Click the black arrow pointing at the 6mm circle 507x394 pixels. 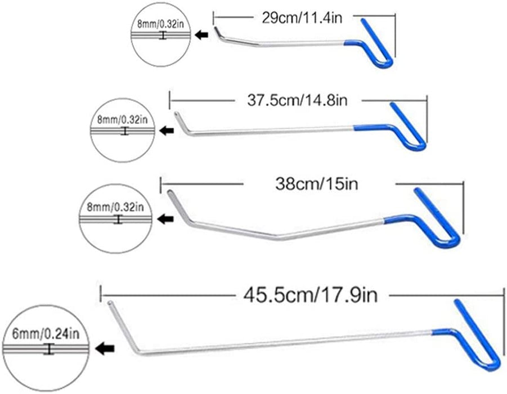(104, 349)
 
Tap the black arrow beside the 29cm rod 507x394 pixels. (200, 35)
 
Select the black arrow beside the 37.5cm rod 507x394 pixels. (166, 131)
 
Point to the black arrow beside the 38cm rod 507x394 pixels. (165, 219)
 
